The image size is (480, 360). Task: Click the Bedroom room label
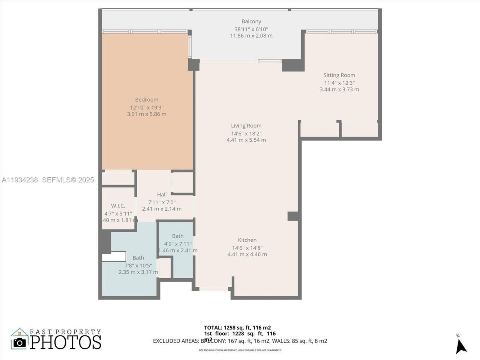tap(147, 100)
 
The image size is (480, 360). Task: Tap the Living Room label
tap(246, 126)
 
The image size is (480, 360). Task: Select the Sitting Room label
tap(339, 75)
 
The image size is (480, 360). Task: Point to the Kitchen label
tap(247, 240)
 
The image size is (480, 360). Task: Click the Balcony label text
tap(251, 22)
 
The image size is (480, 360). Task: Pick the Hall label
tap(162, 195)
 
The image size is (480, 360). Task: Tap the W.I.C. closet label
tap(118, 206)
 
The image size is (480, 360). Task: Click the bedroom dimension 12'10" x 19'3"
tap(147, 107)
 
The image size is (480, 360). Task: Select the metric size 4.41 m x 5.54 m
tap(246, 140)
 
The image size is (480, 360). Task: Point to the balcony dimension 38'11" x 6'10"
tap(251, 29)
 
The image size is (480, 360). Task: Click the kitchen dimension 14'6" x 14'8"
tap(247, 247)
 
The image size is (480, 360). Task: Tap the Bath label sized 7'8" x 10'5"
tap(138, 258)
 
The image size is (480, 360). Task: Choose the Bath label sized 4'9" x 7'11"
tap(178, 236)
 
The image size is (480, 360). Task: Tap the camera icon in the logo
tap(19, 342)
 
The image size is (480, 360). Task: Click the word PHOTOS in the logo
tap(66, 342)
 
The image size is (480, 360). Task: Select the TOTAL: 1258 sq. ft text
tap(237, 327)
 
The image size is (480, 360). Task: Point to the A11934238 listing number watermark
tap(19, 180)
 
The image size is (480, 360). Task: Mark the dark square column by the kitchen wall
tap(293, 216)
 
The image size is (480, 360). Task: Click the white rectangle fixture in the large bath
tap(114, 256)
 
